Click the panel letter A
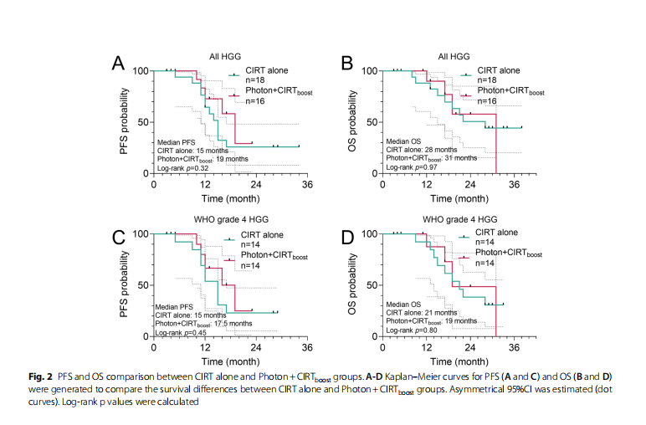pos(119,64)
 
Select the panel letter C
pos(119,236)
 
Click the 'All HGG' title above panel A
pos(226,57)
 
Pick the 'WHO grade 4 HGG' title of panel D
pos(456,220)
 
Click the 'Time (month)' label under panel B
pos(459,199)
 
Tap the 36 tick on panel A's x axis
pos(307,184)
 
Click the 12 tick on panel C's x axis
pos(205,346)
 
